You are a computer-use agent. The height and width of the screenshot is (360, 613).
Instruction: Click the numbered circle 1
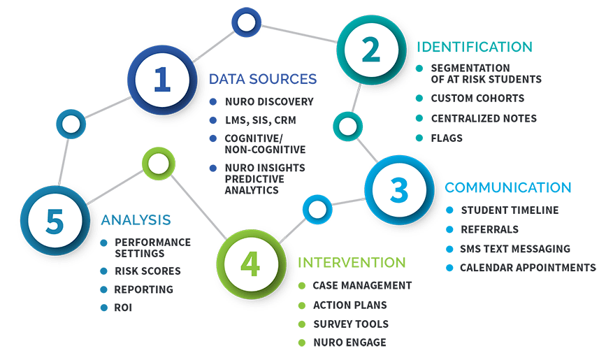(162, 80)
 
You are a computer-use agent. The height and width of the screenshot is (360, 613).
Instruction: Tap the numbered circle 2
(371, 50)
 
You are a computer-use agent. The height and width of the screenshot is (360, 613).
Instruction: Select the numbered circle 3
(399, 190)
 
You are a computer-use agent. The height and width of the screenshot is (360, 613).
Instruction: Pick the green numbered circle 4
(251, 264)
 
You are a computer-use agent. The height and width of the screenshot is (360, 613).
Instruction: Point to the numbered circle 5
(55, 221)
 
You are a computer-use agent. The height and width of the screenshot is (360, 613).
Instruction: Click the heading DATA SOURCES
(263, 79)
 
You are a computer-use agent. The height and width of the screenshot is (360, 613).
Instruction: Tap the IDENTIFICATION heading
(475, 47)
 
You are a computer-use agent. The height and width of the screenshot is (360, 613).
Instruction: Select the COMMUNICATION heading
(508, 187)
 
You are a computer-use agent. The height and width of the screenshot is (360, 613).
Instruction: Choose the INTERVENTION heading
(352, 263)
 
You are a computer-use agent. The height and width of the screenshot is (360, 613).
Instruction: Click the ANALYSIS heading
(136, 220)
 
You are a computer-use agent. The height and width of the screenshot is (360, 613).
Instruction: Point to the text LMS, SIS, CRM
(261, 120)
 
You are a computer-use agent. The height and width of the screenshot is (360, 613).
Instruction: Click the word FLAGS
(447, 138)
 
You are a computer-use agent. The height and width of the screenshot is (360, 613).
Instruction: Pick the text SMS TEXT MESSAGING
(515, 249)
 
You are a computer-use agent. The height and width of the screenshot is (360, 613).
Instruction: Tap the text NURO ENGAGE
(350, 343)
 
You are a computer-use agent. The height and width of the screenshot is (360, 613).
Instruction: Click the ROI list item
(123, 308)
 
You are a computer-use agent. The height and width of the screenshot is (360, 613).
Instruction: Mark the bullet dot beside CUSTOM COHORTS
(419, 98)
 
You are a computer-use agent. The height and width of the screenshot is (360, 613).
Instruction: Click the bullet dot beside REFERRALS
(449, 229)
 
